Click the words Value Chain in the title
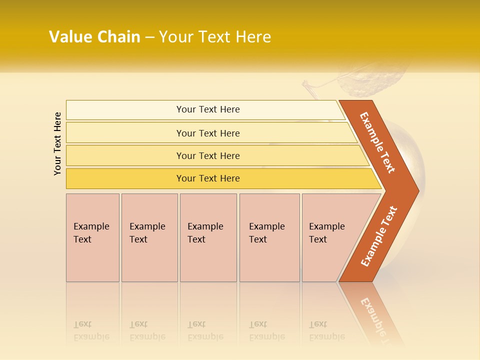pyautogui.click(x=94, y=37)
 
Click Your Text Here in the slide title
pyautogui.click(x=215, y=37)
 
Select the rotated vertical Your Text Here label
pyautogui.click(x=57, y=143)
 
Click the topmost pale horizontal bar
pyautogui.click(x=208, y=109)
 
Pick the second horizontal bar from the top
pyautogui.click(x=208, y=133)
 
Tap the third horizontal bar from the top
pyautogui.click(x=208, y=155)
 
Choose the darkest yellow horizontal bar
pyautogui.click(x=208, y=178)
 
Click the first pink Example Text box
pyautogui.click(x=92, y=237)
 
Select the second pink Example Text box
pyautogui.click(x=149, y=237)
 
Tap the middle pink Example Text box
pyautogui.click(x=208, y=237)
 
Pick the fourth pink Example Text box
pyautogui.click(x=269, y=237)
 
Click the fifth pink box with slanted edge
pyautogui.click(x=327, y=237)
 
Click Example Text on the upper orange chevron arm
pyautogui.click(x=377, y=142)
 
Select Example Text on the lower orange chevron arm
pyautogui.click(x=379, y=236)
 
